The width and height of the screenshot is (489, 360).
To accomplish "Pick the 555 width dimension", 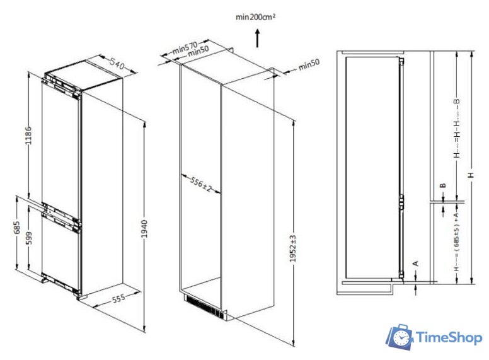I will [113, 299].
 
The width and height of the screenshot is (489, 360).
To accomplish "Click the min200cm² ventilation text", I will [255, 17].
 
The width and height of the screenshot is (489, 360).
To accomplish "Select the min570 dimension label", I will [184, 47].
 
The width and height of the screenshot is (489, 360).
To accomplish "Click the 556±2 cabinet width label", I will [200, 185].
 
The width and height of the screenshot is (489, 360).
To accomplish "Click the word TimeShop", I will [449, 339].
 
